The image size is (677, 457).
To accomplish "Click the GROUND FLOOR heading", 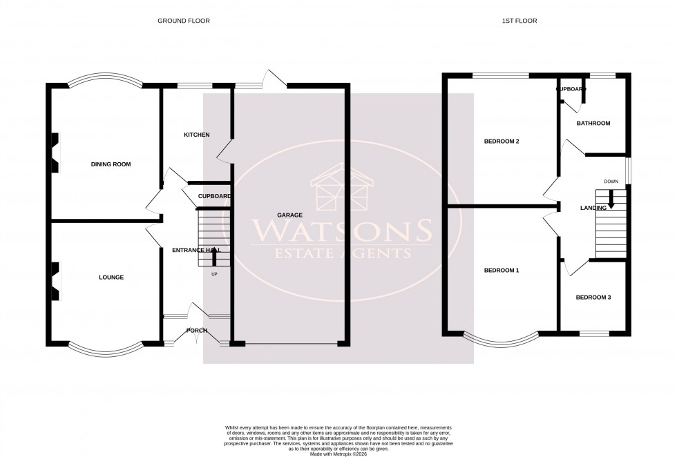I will [x=183, y=21].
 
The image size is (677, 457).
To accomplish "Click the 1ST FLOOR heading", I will [x=520, y=21].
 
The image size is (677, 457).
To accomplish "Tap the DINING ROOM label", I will [x=111, y=164].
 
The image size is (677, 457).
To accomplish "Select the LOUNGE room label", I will [x=111, y=278].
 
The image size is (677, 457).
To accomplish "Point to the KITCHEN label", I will [x=196, y=135].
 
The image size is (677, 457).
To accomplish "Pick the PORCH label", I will [x=197, y=330].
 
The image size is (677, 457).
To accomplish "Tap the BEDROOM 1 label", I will [x=502, y=271].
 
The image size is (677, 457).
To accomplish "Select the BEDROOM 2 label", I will [x=502, y=142].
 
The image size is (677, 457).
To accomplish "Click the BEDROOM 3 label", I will [x=594, y=298].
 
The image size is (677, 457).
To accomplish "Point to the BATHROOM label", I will [x=594, y=124].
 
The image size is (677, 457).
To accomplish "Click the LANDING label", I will [x=593, y=208].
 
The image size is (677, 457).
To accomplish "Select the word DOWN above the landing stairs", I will [x=611, y=182].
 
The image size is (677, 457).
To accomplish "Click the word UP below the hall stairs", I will [x=213, y=274].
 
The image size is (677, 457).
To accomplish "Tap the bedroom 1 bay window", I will [x=502, y=339].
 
